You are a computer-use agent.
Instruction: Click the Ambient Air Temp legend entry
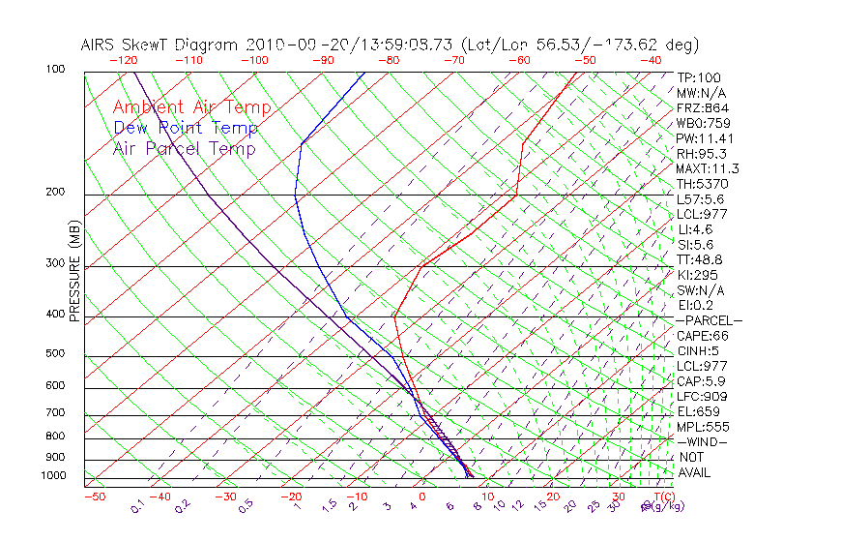(191, 107)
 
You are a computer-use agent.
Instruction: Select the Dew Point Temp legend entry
(186, 128)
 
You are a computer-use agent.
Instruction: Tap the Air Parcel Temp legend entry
(184, 148)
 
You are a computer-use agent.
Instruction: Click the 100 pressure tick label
(55, 70)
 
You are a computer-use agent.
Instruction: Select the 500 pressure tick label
(55, 354)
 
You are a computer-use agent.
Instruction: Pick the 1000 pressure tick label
(52, 475)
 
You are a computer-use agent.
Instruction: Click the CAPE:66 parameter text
(702, 336)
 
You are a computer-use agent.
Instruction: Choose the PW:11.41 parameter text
(705, 138)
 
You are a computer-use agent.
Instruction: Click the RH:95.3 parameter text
(702, 154)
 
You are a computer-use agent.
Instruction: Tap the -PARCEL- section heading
(709, 320)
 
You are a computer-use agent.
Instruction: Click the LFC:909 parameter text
(702, 396)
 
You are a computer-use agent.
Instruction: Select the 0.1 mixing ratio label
(138, 505)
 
